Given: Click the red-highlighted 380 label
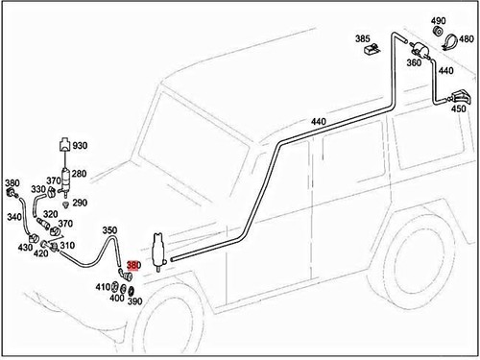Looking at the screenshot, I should point(133,268).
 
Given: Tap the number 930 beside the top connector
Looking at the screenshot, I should point(80,146).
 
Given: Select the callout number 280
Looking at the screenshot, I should point(80,174).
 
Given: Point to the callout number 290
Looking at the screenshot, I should point(80,203).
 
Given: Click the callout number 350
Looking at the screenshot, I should point(109,230).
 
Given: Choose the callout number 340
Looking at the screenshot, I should point(14,218).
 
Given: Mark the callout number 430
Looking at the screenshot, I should point(24,248).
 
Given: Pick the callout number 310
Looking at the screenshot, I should point(67,245).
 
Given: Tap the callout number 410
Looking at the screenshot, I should point(103,287).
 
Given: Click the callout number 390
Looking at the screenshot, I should point(134,301).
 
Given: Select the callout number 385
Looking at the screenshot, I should point(363,39).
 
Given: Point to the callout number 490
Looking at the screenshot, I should point(439,21).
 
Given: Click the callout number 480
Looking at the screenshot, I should point(467,39).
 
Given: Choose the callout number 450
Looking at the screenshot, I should point(459,109).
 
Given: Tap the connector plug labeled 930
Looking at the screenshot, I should point(63,146).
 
